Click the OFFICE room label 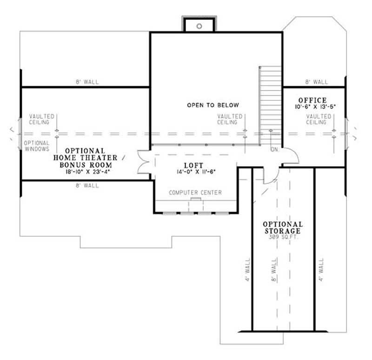[x=312, y=100]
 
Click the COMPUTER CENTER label [x=195, y=192]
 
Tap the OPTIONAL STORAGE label [x=283, y=227]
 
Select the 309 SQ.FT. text [x=283, y=236]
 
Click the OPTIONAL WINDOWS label [x=37, y=146]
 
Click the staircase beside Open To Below [x=270, y=105]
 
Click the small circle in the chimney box [x=199, y=26]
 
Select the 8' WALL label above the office [x=316, y=82]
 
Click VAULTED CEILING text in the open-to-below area [x=230, y=119]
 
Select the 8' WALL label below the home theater [x=87, y=185]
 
